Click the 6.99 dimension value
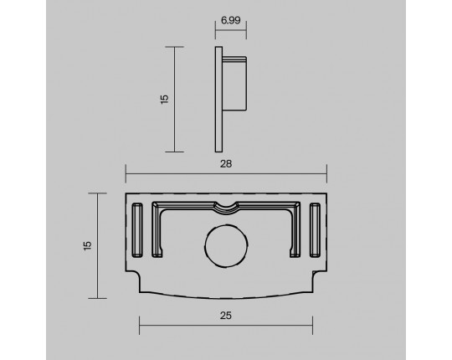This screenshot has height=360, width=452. pyautogui.click(x=231, y=20)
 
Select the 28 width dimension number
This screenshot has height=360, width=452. pyautogui.click(x=226, y=164)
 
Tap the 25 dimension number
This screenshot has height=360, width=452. pyautogui.click(x=226, y=316)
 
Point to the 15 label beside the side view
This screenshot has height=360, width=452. pyautogui.click(x=164, y=99)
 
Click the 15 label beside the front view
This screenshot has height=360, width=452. pyautogui.click(x=87, y=245)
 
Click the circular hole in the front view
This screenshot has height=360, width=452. pyautogui.click(x=226, y=246)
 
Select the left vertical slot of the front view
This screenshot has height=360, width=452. pyautogui.click(x=137, y=230)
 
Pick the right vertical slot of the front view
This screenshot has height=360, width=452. pyautogui.click(x=315, y=230)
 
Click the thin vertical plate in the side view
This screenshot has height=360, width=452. pyautogui.click(x=218, y=99)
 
